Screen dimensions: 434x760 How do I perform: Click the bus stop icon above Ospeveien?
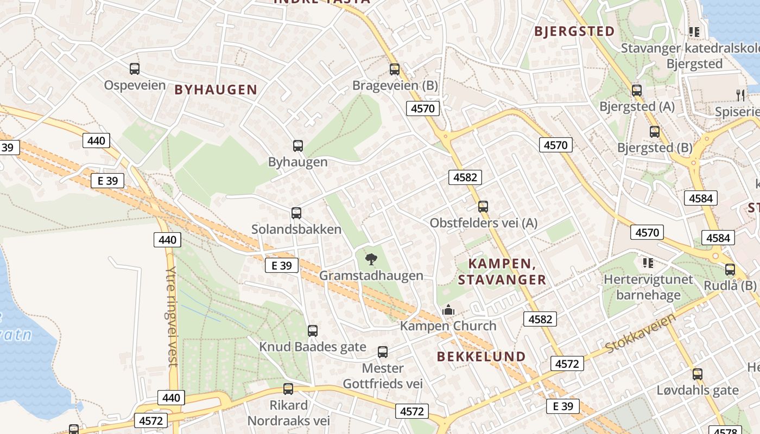pos(135,69)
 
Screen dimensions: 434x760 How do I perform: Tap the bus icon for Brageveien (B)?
pos(395,69)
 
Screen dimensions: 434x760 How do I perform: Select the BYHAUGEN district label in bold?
pos(216,90)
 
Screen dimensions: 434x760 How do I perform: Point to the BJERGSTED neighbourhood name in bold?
pos(574,31)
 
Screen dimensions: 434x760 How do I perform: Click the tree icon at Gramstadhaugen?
pos(371,259)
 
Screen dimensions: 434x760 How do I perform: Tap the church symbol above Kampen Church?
pos(448,310)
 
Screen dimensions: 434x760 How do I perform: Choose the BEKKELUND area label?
pos(482,356)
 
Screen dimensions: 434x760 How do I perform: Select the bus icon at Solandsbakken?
pos(296,213)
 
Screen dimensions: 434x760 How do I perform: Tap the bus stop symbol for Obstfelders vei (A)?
pos(483,207)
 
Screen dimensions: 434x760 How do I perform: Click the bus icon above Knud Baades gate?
pos(313,330)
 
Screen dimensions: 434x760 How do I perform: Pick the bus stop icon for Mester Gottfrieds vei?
pos(383,352)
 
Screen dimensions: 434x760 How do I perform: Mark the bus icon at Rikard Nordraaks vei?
pos(288,389)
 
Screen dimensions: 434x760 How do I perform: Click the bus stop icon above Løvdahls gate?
pos(698,374)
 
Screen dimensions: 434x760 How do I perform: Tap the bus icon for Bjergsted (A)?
pos(637,90)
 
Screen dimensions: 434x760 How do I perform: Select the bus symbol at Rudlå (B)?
pos(730,269)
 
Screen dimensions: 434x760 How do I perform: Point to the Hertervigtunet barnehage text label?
pos(648,288)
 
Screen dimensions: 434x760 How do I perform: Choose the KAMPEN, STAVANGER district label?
pos(502,272)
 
